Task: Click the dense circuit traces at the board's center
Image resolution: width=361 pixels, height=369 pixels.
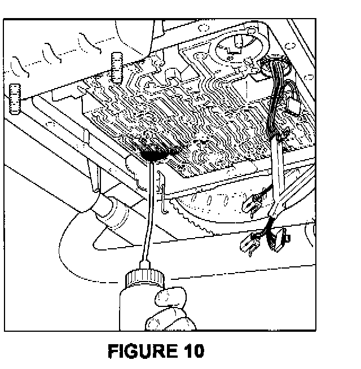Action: pos(186,113)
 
